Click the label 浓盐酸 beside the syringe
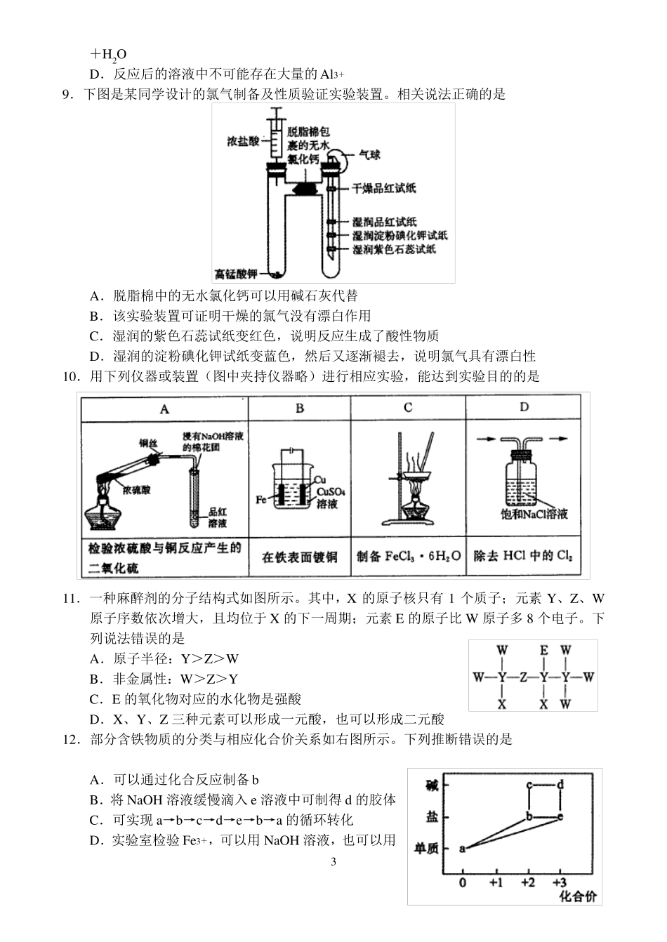point(243,140)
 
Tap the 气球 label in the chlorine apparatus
point(369,154)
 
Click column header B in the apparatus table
point(300,408)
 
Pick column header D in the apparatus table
point(524,407)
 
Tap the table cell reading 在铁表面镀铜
point(300,557)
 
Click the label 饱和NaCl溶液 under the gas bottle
point(539,514)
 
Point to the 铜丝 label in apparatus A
point(147,443)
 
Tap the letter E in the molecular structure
point(543,650)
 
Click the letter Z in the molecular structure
point(523,677)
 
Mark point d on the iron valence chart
point(560,785)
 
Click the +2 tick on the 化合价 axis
point(528,882)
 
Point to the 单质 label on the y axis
point(428,849)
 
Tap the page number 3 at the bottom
point(333,861)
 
